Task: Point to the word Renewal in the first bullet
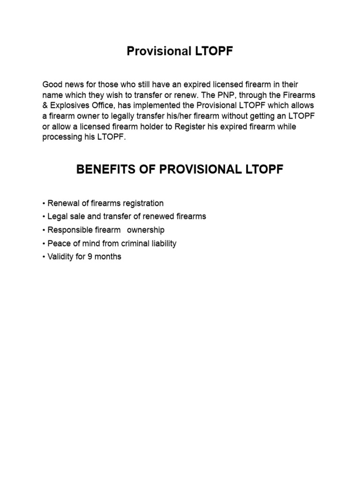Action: click(x=62, y=203)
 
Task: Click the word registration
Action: click(x=142, y=203)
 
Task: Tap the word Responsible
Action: click(x=70, y=230)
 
